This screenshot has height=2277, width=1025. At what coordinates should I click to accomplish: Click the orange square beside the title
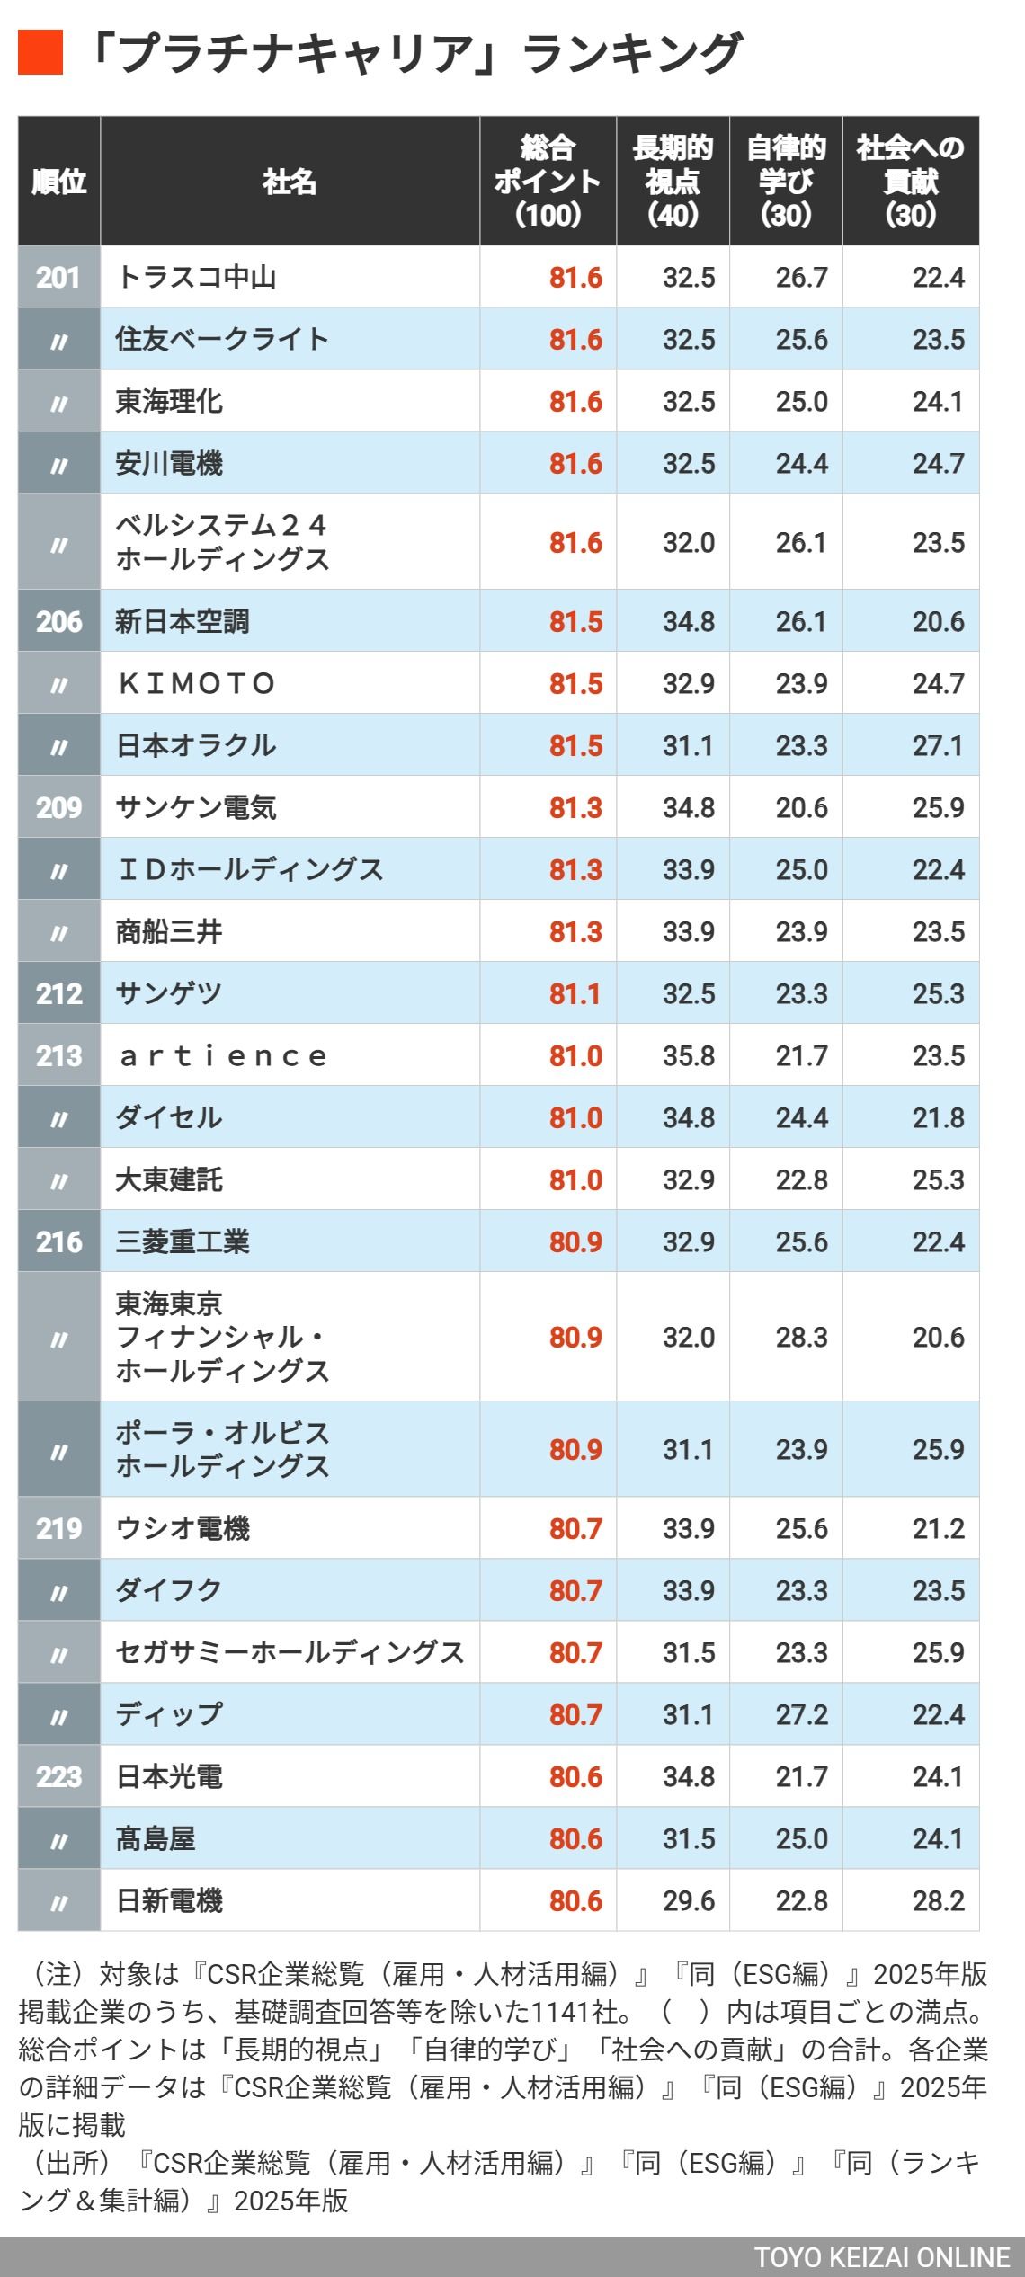point(40,52)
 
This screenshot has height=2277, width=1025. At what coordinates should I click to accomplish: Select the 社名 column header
point(290,182)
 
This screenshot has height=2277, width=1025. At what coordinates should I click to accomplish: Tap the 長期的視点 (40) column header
point(673,182)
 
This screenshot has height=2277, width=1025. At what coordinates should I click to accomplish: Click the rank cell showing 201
point(58,277)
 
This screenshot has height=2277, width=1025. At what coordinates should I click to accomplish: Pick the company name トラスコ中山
point(196,277)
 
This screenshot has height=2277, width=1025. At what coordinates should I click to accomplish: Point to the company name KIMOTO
point(197,683)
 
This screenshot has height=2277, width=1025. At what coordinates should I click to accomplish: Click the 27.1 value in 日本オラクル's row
point(938,745)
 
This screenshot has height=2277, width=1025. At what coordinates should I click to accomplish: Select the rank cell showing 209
point(58,807)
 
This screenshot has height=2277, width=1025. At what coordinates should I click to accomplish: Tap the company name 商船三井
point(169,931)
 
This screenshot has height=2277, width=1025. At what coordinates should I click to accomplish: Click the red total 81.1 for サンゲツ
point(575,993)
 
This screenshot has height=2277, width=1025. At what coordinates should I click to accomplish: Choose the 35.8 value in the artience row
point(689,1055)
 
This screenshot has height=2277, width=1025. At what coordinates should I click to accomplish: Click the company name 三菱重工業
point(183,1241)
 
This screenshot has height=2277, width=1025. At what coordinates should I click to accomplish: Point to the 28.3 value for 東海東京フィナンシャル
point(801,1337)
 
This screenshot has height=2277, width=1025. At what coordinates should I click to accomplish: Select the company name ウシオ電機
point(183,1528)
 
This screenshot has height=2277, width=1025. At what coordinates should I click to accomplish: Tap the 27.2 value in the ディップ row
point(801,1714)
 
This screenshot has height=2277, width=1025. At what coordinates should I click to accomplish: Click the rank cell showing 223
point(58,1776)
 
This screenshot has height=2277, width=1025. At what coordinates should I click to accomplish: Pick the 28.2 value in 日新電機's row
point(938,1900)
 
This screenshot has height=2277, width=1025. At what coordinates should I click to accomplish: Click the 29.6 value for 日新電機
point(689,1900)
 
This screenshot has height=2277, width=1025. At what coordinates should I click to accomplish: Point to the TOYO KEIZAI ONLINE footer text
point(881,2257)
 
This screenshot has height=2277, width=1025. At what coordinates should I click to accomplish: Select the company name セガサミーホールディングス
point(290,1652)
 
